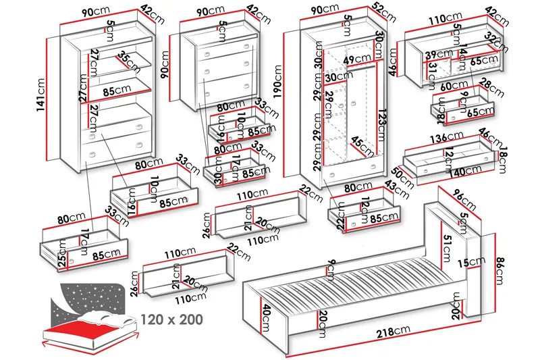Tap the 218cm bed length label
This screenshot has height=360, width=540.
click(393, 330)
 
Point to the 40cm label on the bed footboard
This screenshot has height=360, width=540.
click(267, 313)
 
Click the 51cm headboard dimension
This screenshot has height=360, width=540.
click(447, 249)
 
